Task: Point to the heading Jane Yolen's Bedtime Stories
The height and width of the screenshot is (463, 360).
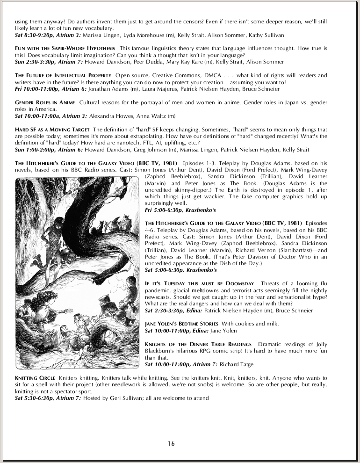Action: (181, 324)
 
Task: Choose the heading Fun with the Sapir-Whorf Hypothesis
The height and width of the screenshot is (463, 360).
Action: (65, 48)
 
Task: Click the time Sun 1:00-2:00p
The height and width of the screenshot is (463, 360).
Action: (34, 150)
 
